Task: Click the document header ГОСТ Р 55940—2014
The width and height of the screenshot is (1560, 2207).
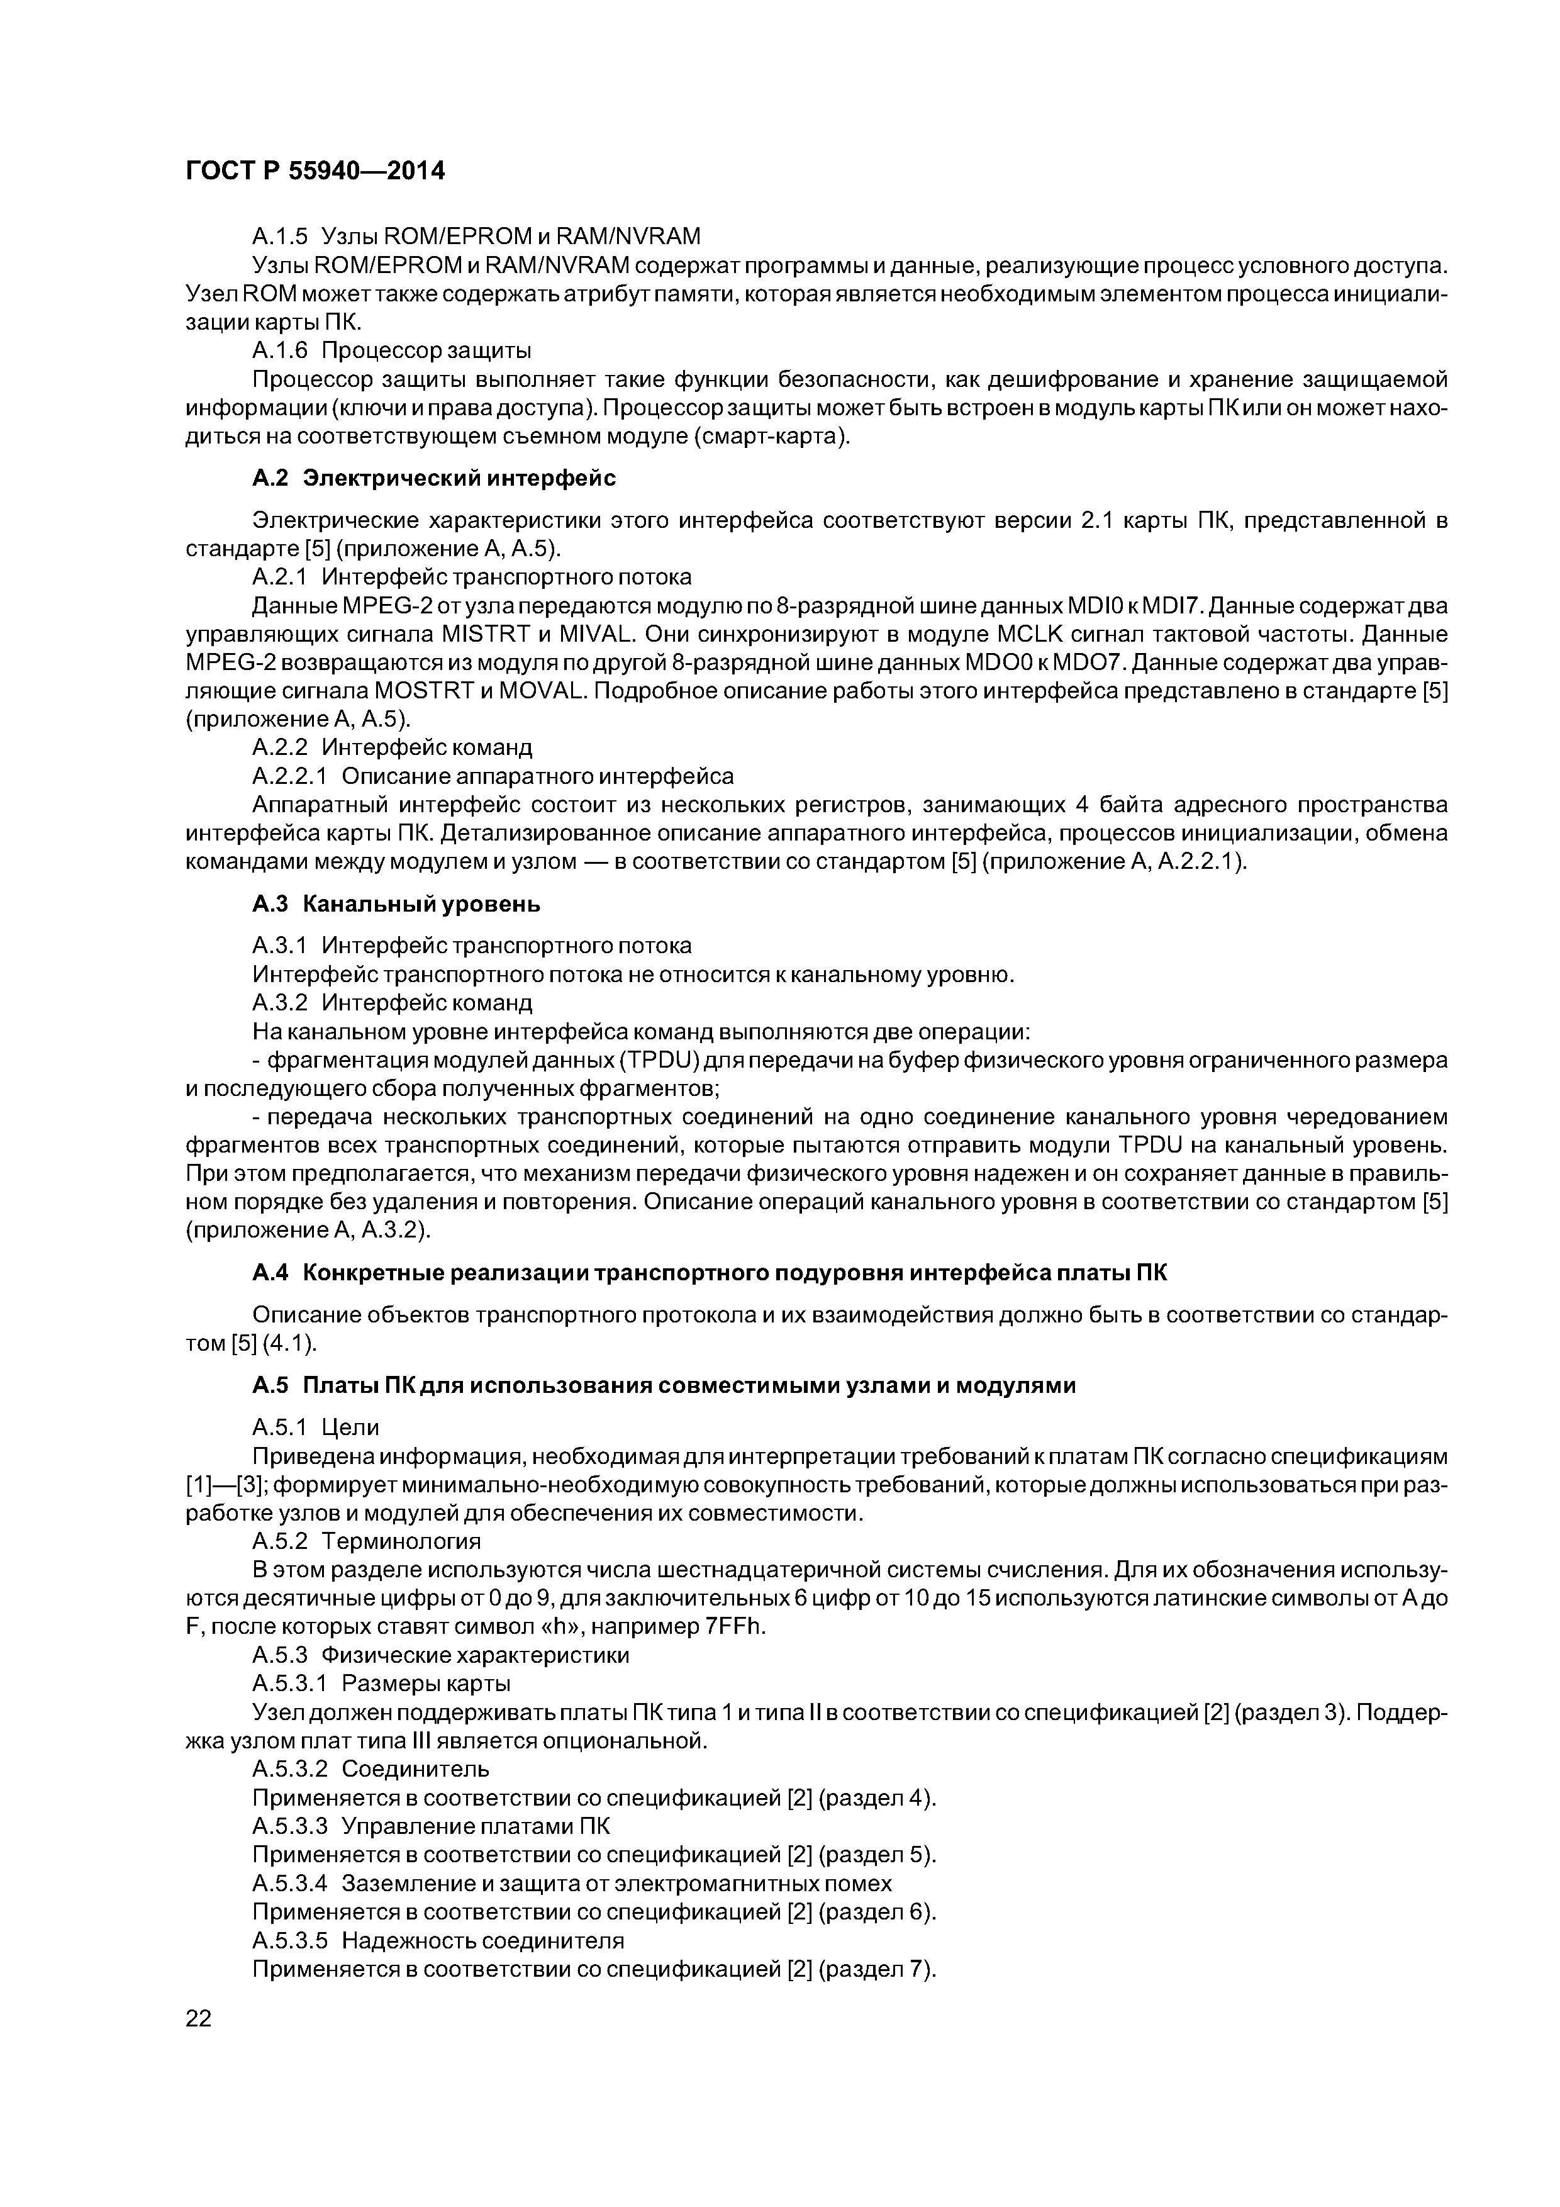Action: tap(315, 171)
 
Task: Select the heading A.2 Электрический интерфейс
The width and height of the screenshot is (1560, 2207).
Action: tap(433, 478)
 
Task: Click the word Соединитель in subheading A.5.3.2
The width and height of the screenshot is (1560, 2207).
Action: tap(415, 1768)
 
